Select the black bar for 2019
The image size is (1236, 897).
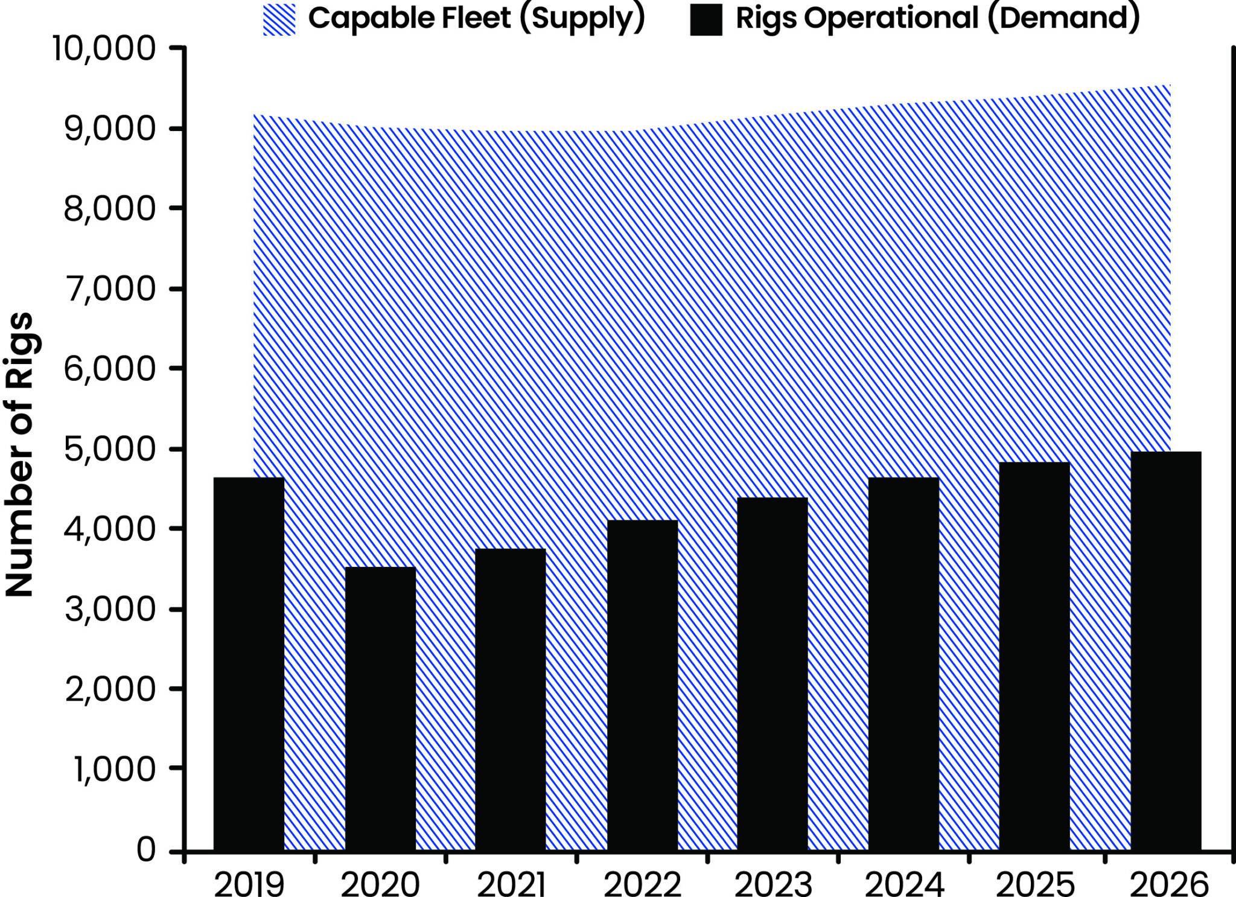tap(249, 664)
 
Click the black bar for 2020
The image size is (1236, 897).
tap(380, 709)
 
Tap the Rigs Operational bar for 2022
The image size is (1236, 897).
tap(642, 685)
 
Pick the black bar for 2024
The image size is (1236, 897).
tap(903, 664)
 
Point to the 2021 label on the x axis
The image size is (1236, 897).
tap(511, 885)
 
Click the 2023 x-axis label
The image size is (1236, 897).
tap(773, 885)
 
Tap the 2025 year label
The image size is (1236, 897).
tap(1034, 885)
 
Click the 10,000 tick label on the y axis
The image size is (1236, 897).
tap(104, 48)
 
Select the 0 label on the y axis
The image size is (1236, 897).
tap(147, 850)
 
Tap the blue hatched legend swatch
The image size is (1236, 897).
tap(279, 19)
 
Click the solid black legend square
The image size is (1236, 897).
tap(706, 19)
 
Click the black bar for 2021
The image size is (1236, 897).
tap(511, 700)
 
